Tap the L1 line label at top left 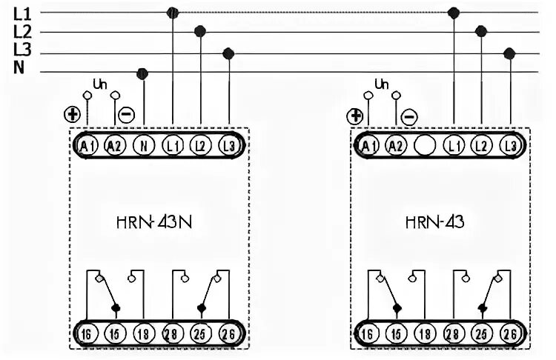click(x=22, y=13)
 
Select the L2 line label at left click(x=22, y=32)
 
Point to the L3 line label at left click(x=22, y=50)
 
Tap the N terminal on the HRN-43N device click(x=143, y=145)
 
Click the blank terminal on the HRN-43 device click(x=425, y=145)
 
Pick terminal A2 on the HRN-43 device click(x=397, y=145)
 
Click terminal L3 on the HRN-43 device click(x=509, y=145)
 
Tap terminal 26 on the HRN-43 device click(x=509, y=333)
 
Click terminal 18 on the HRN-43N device click(x=143, y=333)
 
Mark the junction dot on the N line click(x=143, y=73)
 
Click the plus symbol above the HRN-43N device click(x=72, y=114)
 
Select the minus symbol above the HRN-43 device click(x=409, y=116)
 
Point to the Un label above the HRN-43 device click(x=382, y=84)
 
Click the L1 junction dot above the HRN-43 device click(x=454, y=13)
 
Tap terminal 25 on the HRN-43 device click(x=480, y=333)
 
